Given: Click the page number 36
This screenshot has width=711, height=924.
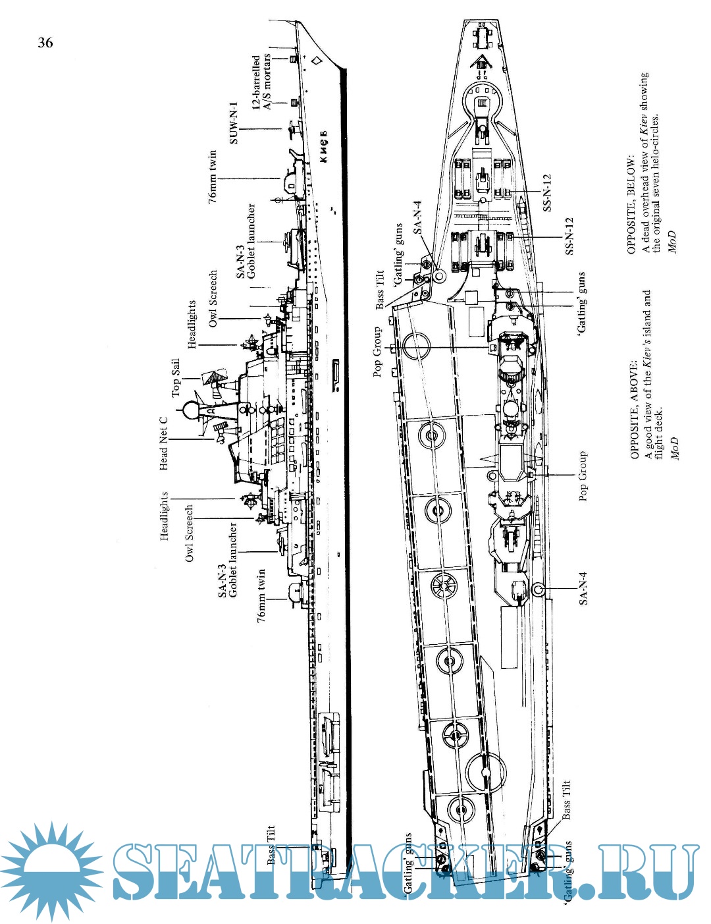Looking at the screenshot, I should [x=45, y=43].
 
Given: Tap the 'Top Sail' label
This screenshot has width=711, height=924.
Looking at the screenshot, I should [x=176, y=377].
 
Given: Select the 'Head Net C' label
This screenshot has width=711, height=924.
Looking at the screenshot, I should [x=163, y=443].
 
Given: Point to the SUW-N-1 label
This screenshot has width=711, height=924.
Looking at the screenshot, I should [x=233, y=123].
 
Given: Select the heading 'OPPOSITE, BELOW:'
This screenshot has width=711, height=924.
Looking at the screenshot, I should [x=631, y=205].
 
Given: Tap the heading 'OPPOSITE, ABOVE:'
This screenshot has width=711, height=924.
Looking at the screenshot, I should [x=634, y=410].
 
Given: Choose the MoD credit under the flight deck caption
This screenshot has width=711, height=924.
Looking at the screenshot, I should [x=674, y=448].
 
